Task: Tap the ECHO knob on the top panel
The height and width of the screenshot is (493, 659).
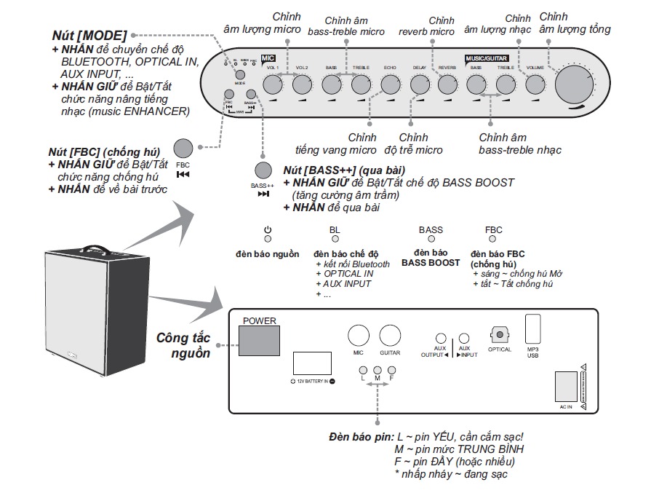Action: coord(391,85)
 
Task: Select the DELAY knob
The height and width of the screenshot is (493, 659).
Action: coord(420,85)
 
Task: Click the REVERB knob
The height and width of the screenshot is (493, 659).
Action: coord(447,85)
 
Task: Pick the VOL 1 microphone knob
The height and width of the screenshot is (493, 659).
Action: coord(273,85)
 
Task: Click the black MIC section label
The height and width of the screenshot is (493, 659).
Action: coord(268,57)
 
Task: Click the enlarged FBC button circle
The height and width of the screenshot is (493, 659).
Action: coord(183,148)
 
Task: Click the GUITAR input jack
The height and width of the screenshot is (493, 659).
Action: coord(390,336)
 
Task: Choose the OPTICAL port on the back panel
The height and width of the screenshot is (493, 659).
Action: coord(500,334)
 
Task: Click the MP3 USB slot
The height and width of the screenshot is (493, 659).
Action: coord(533,328)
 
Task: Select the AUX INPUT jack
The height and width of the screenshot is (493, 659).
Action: coord(465,339)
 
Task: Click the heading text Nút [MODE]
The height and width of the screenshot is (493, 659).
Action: coord(89,36)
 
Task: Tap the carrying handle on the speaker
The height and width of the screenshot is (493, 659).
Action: coord(94,248)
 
